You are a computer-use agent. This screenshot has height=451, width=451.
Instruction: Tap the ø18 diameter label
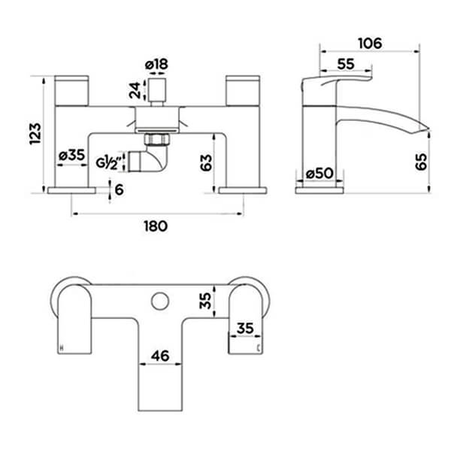point(159,65)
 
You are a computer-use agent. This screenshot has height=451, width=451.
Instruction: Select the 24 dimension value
point(135,91)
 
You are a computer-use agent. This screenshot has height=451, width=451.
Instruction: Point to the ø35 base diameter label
point(71,156)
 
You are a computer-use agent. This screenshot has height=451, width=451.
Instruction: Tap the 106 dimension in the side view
point(369,42)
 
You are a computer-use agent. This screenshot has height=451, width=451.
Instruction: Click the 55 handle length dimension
point(347,65)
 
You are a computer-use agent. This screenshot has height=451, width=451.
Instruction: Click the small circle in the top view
point(158,301)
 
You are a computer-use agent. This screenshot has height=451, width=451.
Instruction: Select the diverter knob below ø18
point(157,92)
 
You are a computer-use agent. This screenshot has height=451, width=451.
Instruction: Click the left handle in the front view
point(73,89)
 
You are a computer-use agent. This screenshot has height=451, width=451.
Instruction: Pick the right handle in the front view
point(243,89)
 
